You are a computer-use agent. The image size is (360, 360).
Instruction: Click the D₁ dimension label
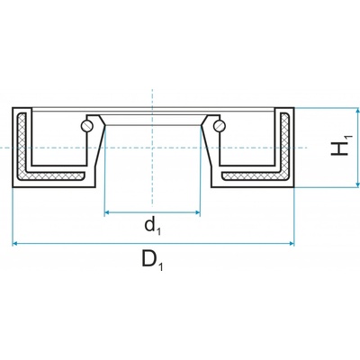coord(152,260)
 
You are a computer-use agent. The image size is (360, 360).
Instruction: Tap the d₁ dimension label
coord(153,226)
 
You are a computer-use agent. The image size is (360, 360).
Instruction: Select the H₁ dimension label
coord(340,146)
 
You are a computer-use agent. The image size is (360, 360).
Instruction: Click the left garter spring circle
coord(86,125)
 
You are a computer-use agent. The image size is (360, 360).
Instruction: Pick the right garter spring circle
coord(219,125)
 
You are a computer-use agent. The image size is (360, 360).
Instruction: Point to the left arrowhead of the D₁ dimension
coord(15,244)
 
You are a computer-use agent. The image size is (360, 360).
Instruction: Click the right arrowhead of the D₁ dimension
coord(291,244)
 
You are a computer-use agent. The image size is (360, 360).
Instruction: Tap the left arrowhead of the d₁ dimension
coord(107,212)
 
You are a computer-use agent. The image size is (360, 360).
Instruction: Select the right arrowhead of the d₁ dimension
coord(197,212)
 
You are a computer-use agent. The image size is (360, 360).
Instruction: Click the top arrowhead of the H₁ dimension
coord(357,112)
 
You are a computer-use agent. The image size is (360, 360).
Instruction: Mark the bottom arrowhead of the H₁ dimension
coord(357,184)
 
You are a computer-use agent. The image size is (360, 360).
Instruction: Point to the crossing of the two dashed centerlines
coord(152,148)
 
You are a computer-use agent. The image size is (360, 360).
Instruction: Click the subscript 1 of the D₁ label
coord(161,267)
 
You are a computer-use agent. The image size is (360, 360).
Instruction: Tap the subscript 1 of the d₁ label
coord(158,231)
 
